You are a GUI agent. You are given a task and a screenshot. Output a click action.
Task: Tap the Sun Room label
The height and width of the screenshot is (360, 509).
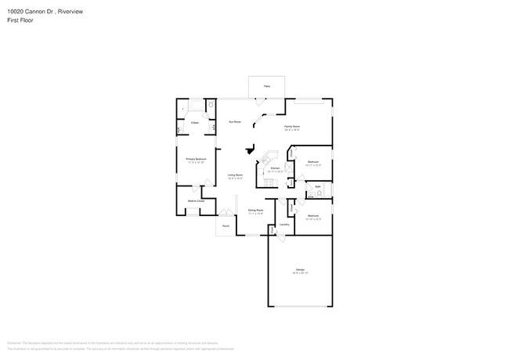(x=234, y=122)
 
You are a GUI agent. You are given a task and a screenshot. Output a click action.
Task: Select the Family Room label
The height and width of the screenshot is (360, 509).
(x=293, y=125)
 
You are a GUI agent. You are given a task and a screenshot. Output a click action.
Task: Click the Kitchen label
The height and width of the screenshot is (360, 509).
(x=275, y=168)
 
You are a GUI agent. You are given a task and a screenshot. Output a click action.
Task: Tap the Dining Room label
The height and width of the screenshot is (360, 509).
(x=255, y=210)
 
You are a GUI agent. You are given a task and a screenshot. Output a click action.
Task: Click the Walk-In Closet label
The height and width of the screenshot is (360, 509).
(x=196, y=201)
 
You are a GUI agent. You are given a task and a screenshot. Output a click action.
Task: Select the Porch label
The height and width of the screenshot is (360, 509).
(x=226, y=226)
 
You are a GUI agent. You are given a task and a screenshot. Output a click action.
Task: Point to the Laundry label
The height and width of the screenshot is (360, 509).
(x=283, y=225)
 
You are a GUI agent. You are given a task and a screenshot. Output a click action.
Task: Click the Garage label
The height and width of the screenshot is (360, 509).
(x=301, y=270)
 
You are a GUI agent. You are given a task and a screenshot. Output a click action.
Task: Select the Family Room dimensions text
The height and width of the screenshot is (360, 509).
(x=293, y=129)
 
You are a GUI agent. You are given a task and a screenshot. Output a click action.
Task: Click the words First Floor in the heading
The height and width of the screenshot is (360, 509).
(x=20, y=20)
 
